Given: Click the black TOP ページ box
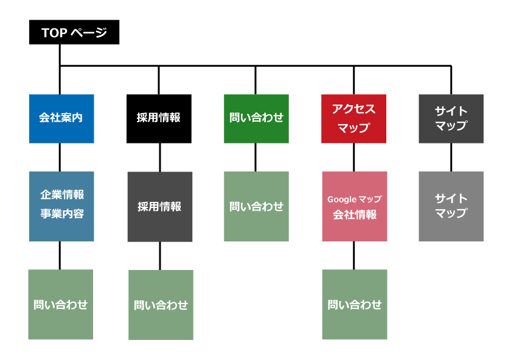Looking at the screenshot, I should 74,32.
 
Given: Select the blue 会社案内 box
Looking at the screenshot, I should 61,119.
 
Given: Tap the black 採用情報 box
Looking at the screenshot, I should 159,119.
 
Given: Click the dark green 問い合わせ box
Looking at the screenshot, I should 256,119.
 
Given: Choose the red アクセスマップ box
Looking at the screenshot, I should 353,119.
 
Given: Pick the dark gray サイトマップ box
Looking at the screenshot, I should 451,119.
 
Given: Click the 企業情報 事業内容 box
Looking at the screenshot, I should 61,206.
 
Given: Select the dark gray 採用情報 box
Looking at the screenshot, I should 159,207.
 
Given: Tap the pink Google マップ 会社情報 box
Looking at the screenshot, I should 354,206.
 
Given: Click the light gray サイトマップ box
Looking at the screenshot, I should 451,206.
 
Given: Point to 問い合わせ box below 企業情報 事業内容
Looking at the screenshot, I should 61,304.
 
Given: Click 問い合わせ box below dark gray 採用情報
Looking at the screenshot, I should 161,305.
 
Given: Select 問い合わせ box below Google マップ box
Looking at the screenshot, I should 354,304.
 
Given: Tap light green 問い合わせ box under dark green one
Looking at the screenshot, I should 256,206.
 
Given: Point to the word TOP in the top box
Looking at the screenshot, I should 53,33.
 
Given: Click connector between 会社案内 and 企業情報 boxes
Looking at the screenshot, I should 60,157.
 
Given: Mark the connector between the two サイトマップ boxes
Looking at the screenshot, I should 451,157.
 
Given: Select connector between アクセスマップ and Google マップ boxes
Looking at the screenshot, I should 353,157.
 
